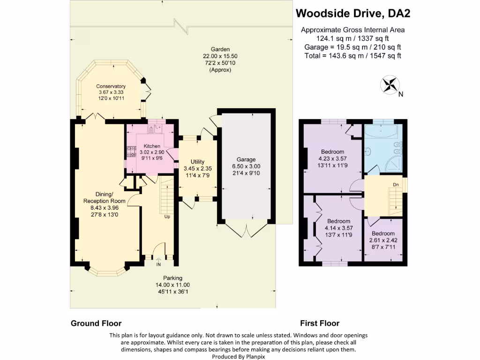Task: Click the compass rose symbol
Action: point(390,85)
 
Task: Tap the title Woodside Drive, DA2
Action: point(353,14)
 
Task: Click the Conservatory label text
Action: point(111,86)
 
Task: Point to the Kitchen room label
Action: point(151,146)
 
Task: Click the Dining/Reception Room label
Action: point(97,197)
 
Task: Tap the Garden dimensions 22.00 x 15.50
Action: point(220,56)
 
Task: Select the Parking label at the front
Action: point(173,278)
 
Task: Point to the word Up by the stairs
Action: point(167,217)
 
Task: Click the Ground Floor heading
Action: point(96,323)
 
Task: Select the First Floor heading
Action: point(320,323)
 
